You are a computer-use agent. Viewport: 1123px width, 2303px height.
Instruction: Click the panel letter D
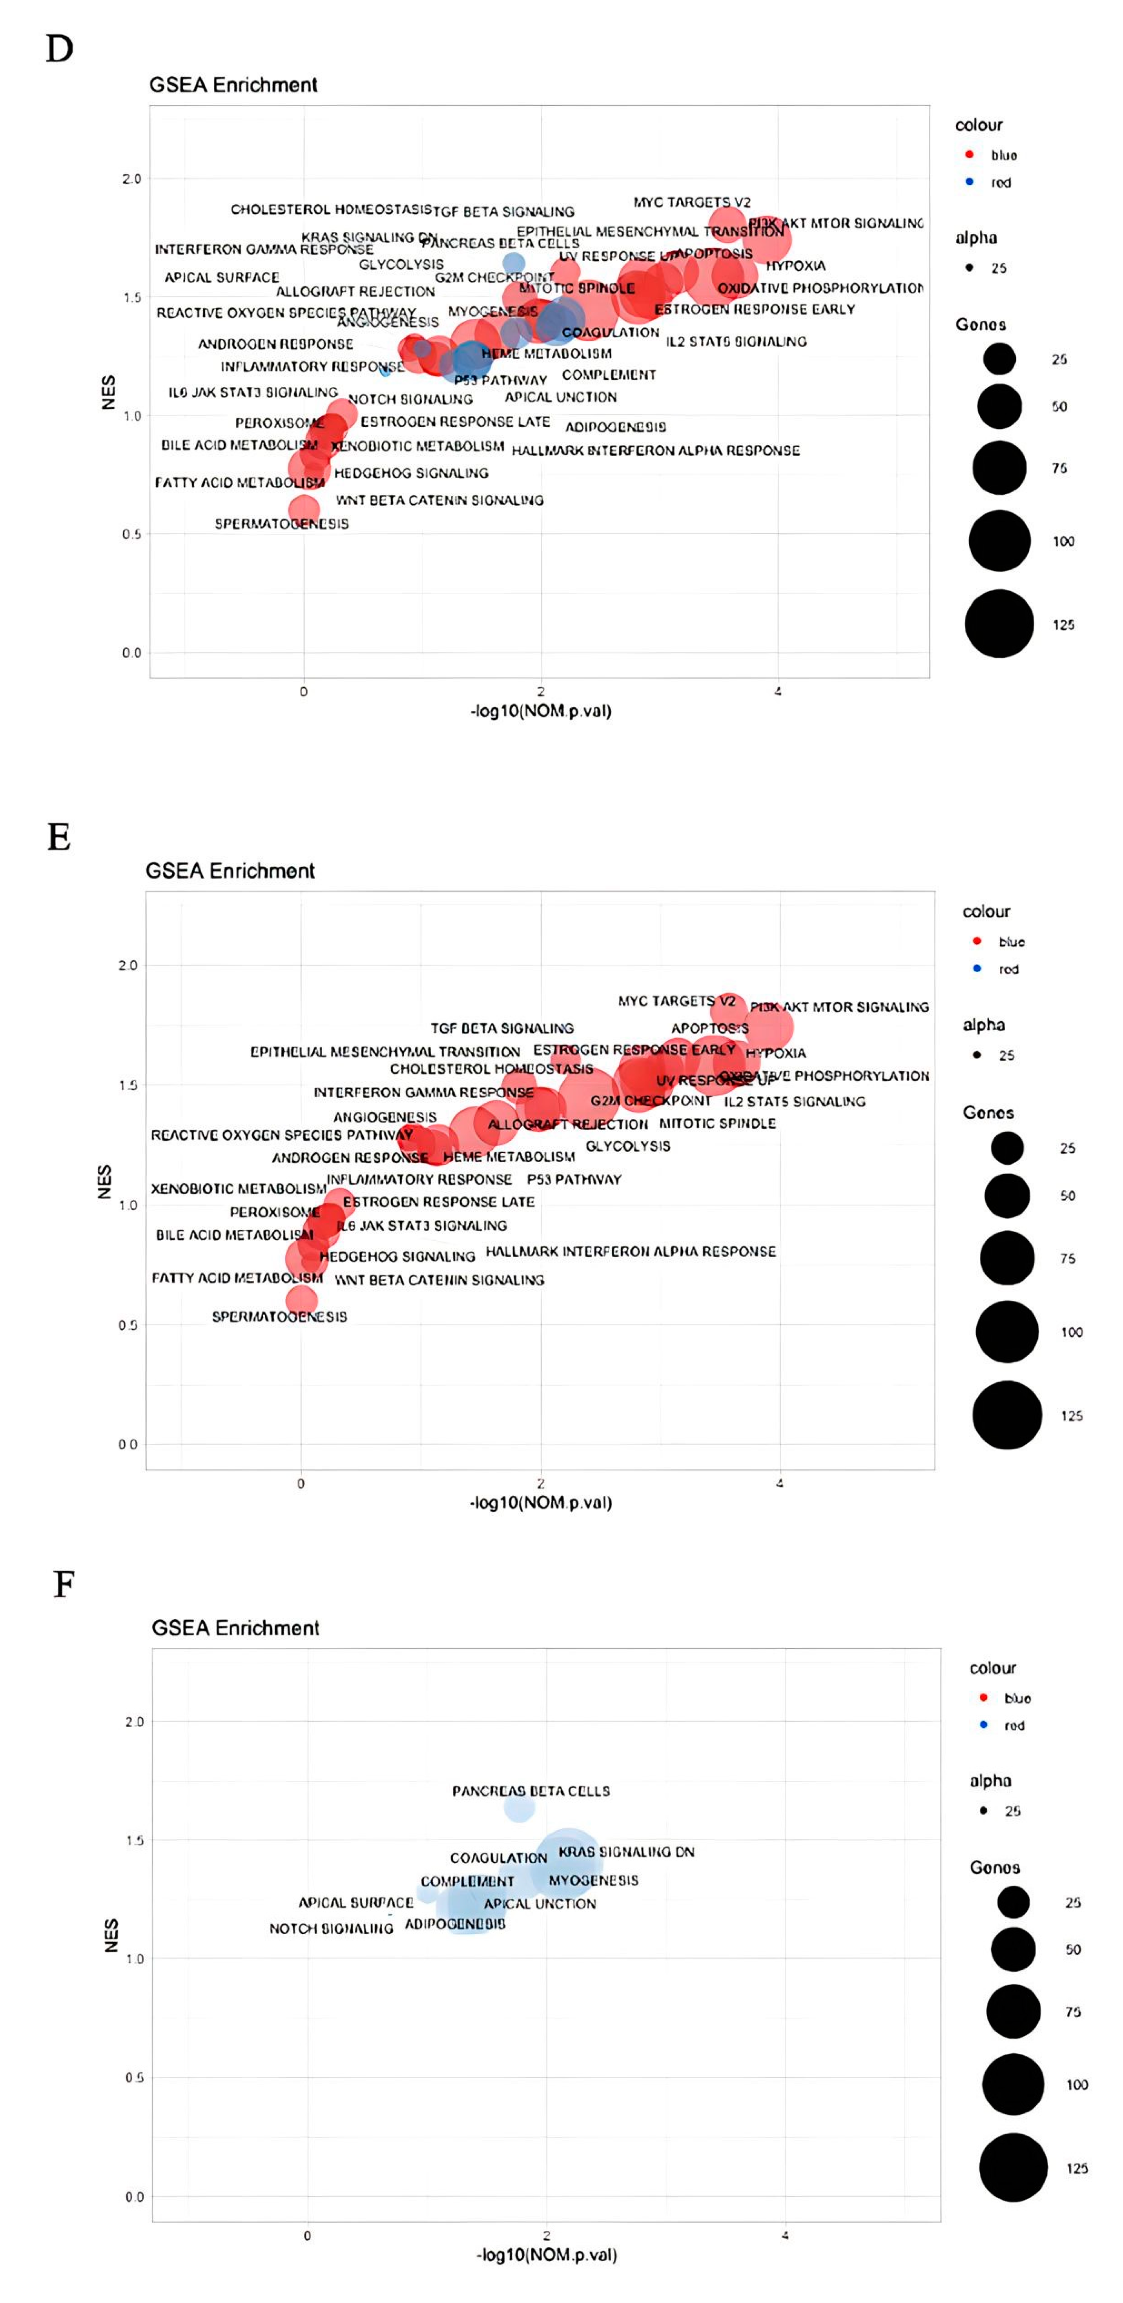(x=59, y=49)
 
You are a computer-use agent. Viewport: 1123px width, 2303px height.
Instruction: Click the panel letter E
(x=59, y=837)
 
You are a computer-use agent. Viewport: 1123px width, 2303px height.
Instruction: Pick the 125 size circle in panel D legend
(x=999, y=624)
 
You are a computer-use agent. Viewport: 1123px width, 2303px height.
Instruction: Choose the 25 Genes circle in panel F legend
(x=1013, y=1902)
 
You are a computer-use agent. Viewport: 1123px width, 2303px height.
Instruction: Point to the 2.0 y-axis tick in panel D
(x=131, y=179)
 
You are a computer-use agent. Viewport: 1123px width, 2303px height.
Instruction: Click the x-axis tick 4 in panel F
(x=785, y=2235)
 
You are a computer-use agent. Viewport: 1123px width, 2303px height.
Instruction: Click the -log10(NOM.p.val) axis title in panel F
(x=546, y=2255)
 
